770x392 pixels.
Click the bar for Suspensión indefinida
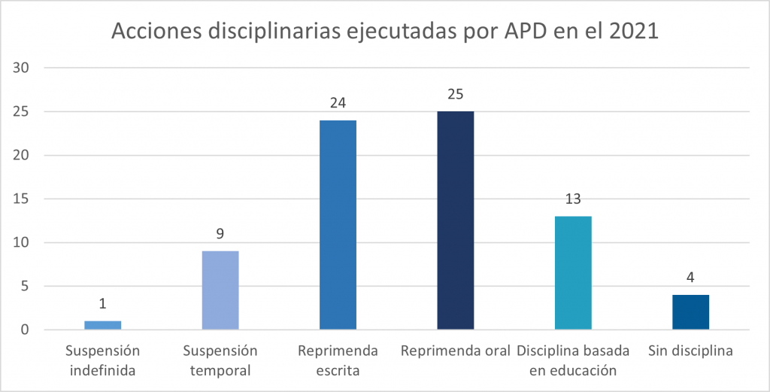tap(103, 325)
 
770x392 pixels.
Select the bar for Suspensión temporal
tap(220, 290)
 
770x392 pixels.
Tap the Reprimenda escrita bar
tap(338, 225)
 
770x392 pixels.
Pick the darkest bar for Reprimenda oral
tap(455, 220)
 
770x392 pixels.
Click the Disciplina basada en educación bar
tap(573, 273)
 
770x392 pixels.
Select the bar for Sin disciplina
tap(690, 312)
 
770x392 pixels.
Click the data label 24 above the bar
tap(338, 103)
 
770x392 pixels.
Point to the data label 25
tap(455, 94)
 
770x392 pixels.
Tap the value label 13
tap(573, 199)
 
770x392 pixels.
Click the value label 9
tap(220, 234)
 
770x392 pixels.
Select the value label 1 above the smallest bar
tap(103, 304)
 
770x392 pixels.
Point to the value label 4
tap(690, 278)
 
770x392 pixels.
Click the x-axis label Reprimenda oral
tap(455, 351)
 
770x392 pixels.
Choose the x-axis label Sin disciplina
tap(690, 351)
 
